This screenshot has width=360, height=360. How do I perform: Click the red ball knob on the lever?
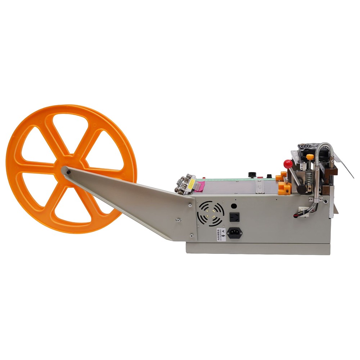(x=288, y=164)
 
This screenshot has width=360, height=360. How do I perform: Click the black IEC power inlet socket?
(x=234, y=233)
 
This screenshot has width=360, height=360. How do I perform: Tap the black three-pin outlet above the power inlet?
(x=234, y=217)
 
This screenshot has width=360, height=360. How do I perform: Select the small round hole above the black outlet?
(x=234, y=206)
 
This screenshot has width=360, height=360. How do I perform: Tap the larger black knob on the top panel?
(x=252, y=175)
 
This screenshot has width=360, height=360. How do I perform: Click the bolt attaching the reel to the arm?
(x=68, y=172)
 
